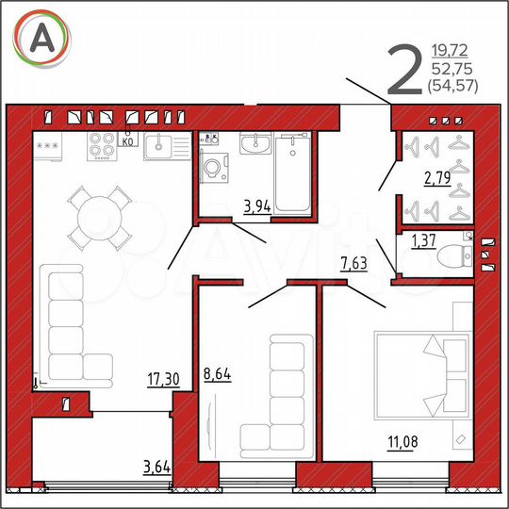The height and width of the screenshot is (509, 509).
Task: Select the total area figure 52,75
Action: [x=451, y=69]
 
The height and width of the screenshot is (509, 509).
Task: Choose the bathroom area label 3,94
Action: [x=256, y=206]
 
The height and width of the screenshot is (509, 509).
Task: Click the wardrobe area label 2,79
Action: [x=436, y=175]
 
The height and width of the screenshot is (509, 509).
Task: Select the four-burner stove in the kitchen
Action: [x=104, y=145]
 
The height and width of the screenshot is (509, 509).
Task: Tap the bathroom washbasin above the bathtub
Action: [x=255, y=145]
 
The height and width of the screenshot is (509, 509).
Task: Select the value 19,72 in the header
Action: [x=451, y=49]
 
